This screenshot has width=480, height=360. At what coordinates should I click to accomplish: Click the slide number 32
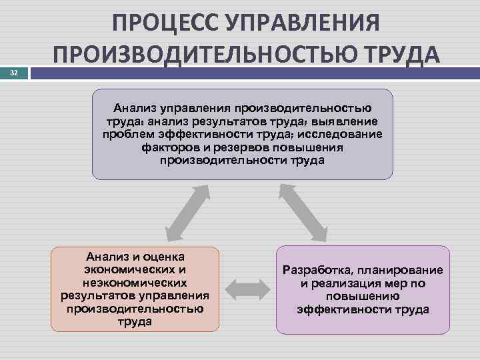14,75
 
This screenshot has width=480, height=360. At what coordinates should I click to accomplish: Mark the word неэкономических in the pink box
135,282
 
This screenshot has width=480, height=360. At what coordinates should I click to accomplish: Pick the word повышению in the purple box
363,296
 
